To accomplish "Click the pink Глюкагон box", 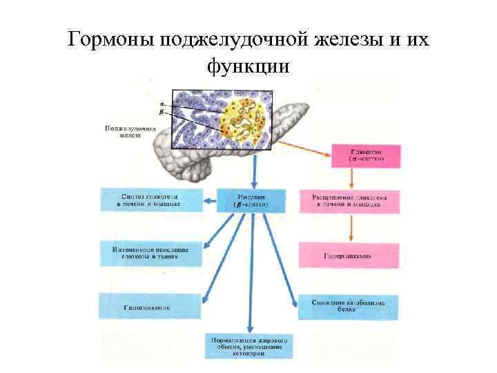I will click(x=367, y=154).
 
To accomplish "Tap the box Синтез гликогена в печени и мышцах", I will click(x=151, y=200).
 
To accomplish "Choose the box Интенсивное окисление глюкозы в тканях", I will click(x=151, y=253).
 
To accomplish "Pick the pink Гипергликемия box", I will click(x=349, y=254).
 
